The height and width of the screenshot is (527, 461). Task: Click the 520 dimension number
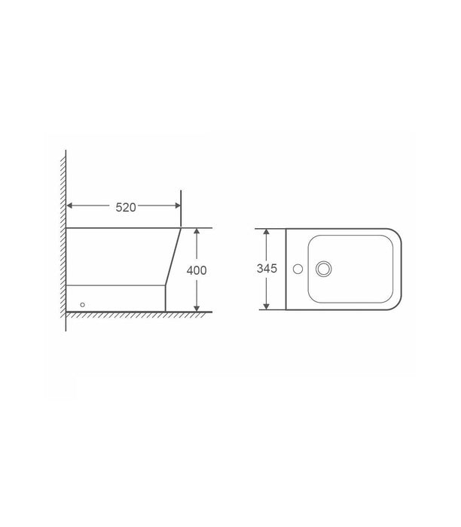(x=125, y=209)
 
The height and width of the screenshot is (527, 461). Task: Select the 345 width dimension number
(x=267, y=269)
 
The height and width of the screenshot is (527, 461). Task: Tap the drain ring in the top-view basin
(x=325, y=268)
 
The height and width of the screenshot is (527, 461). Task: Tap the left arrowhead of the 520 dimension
(x=71, y=205)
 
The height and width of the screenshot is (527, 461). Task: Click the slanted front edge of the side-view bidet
(x=173, y=256)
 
